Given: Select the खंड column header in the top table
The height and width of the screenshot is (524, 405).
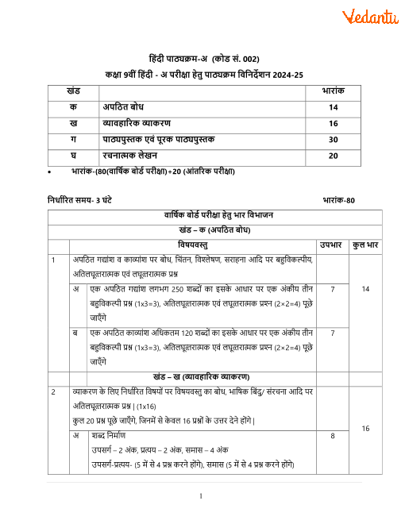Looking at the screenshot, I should [x=74, y=92].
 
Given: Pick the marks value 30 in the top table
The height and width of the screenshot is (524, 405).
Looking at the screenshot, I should [x=333, y=139].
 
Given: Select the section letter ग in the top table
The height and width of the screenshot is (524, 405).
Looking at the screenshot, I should [x=74, y=139].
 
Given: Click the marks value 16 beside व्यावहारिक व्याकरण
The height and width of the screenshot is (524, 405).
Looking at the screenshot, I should [x=333, y=123].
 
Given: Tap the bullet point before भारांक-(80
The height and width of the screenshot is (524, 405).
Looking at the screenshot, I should [x=50, y=172].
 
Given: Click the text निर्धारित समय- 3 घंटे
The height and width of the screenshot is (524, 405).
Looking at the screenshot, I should [x=79, y=200].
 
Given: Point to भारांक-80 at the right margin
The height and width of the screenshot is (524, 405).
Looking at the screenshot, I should [x=339, y=200].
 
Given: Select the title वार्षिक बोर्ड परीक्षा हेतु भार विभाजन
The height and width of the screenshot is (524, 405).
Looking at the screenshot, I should [x=202, y=216].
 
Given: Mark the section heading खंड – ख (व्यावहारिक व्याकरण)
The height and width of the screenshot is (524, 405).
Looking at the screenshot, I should [x=202, y=376].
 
